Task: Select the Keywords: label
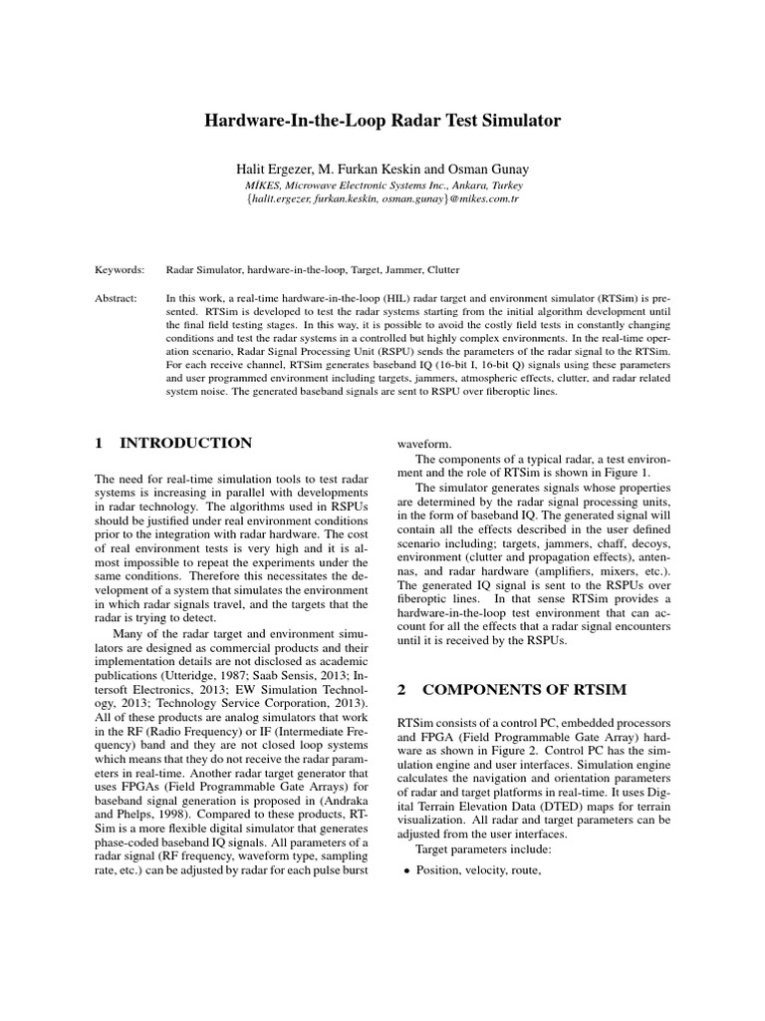point(120,269)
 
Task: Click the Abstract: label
point(119,297)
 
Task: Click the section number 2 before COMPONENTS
point(402,689)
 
